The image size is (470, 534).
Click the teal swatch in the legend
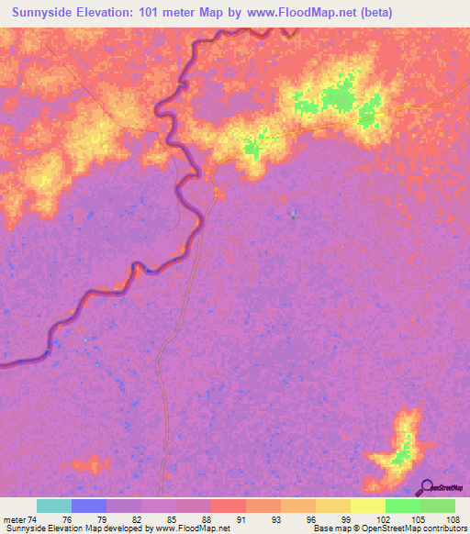pos(54,506)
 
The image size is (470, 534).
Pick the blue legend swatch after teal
pos(89,506)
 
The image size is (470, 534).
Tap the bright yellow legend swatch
pos(368,506)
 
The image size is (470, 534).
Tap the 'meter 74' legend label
pos(19,519)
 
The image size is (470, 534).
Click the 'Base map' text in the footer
pos(331,529)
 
